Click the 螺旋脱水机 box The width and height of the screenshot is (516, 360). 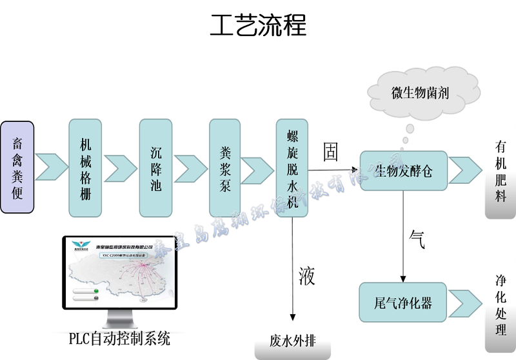[x=292, y=168]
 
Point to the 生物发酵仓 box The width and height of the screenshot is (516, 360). [x=404, y=171]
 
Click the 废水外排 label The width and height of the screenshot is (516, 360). [x=292, y=340]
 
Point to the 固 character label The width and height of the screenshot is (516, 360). [x=330, y=153]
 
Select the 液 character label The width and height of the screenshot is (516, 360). [x=306, y=276]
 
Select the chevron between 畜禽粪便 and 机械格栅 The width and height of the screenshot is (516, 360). [x=51, y=168]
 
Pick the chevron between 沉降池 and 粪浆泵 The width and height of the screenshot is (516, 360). [x=191, y=168]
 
